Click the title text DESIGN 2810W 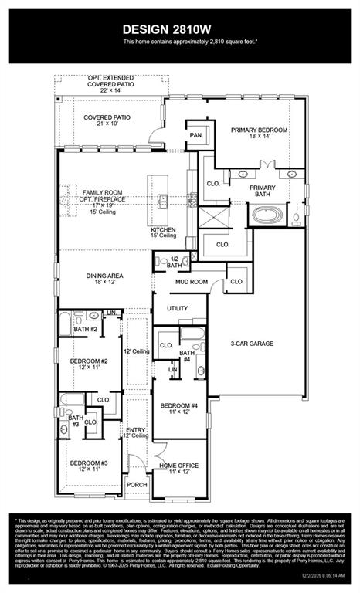(x=179, y=28)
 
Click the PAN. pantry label (x=195, y=134)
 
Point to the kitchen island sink (x=163, y=202)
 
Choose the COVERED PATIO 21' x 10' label (x=107, y=121)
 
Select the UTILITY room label (x=178, y=308)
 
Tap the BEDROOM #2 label (x=89, y=364)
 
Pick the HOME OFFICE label (x=178, y=469)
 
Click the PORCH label (x=138, y=485)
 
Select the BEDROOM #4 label (x=179, y=408)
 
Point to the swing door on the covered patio (x=158, y=140)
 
